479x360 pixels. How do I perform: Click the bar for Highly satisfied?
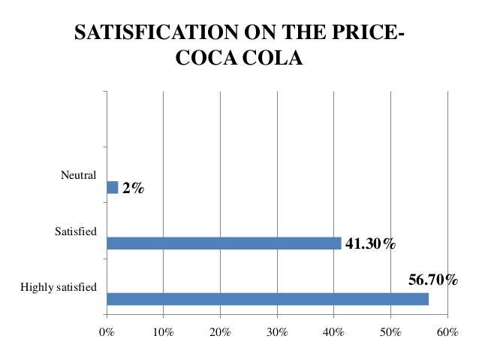267,298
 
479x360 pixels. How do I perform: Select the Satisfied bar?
224,243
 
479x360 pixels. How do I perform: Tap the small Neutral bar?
113,187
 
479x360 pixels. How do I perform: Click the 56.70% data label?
433,280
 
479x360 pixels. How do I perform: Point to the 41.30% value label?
369,244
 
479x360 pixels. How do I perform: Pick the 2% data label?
133,189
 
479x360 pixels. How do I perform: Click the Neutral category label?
78,175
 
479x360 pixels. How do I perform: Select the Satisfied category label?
76,231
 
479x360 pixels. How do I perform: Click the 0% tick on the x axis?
107,331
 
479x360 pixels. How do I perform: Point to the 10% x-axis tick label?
163,331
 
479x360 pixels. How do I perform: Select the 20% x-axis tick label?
220,331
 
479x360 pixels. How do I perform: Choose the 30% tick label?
277,331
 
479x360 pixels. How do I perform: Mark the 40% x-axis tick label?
333,331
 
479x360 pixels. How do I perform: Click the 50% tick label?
390,331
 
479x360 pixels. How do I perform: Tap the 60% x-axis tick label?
447,331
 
